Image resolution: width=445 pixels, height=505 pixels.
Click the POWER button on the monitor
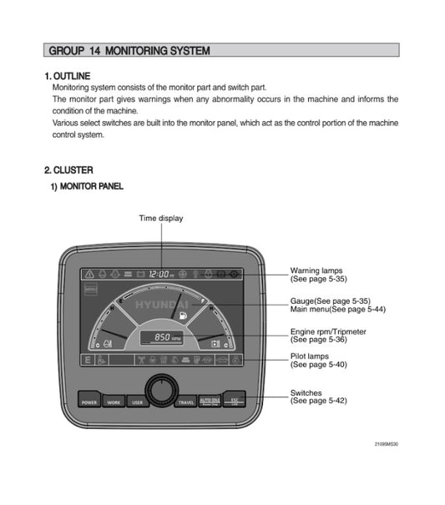[x=90, y=400]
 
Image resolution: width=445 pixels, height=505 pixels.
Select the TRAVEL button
[x=186, y=400]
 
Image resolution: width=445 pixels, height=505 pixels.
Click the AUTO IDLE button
[x=210, y=400]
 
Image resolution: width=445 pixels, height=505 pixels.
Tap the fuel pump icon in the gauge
[x=180, y=317]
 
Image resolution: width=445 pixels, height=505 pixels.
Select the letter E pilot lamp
[x=86, y=360]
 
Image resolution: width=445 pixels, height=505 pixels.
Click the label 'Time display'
[x=161, y=218]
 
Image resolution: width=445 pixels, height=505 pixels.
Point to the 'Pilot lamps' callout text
[x=311, y=356]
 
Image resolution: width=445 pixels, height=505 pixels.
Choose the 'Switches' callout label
[x=306, y=392]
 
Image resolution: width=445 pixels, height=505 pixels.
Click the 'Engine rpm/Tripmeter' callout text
[x=328, y=331]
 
